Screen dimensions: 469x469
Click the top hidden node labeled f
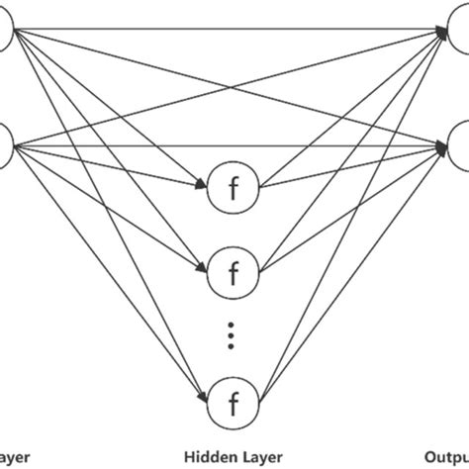pos(234,186)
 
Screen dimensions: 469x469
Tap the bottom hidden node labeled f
pos(234,402)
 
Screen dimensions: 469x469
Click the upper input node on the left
pos(8,33)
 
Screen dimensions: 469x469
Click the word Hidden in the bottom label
pos(202,457)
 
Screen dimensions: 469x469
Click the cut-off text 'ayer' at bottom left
pos(16,457)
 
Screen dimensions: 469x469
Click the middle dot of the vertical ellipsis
pos(234,333)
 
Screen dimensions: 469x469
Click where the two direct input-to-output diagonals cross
pos(234,89)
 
